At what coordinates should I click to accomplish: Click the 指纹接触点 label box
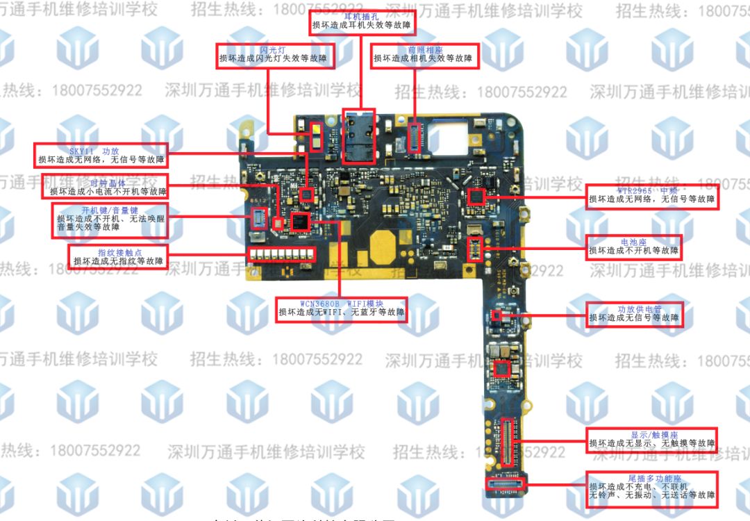118,256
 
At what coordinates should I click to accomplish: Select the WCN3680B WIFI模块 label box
341,308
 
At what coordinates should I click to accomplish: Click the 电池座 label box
633,246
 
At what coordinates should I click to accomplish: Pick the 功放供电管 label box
633,313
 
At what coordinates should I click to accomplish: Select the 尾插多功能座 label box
651,489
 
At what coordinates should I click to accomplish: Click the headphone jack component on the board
359,135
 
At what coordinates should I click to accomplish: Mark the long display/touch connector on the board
509,445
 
